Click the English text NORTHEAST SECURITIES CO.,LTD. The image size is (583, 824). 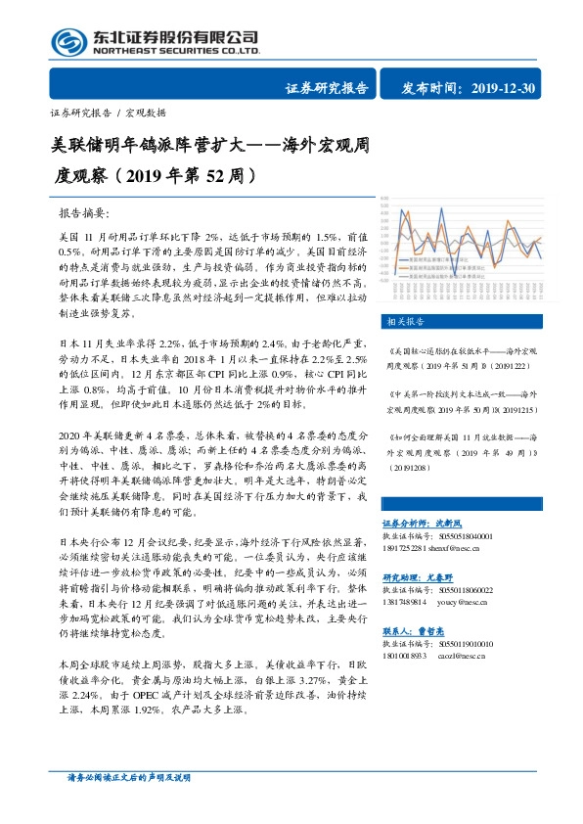click(175, 50)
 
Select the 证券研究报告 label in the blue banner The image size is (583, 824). click(327, 89)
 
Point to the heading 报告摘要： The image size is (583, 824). click(86, 212)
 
